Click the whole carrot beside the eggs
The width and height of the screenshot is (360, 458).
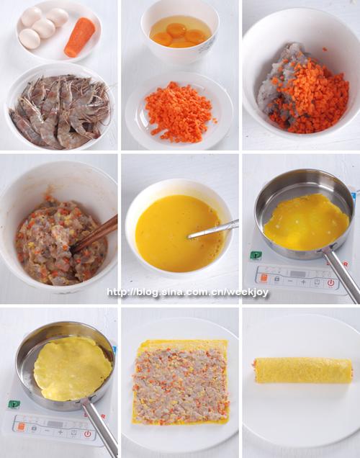(80, 37)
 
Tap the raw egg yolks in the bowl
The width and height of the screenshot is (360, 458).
(179, 35)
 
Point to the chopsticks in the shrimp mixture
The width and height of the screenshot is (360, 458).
(94, 233)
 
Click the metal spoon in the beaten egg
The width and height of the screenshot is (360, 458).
(213, 229)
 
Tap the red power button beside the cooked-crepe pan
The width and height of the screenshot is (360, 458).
(88, 434)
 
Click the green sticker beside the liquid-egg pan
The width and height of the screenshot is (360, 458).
(256, 255)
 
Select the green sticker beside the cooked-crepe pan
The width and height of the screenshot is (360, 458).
(14, 404)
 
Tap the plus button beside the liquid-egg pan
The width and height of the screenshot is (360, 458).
(303, 282)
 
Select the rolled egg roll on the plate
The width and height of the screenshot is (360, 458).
(302, 370)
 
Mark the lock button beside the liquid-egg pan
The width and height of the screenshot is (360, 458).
(276, 279)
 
